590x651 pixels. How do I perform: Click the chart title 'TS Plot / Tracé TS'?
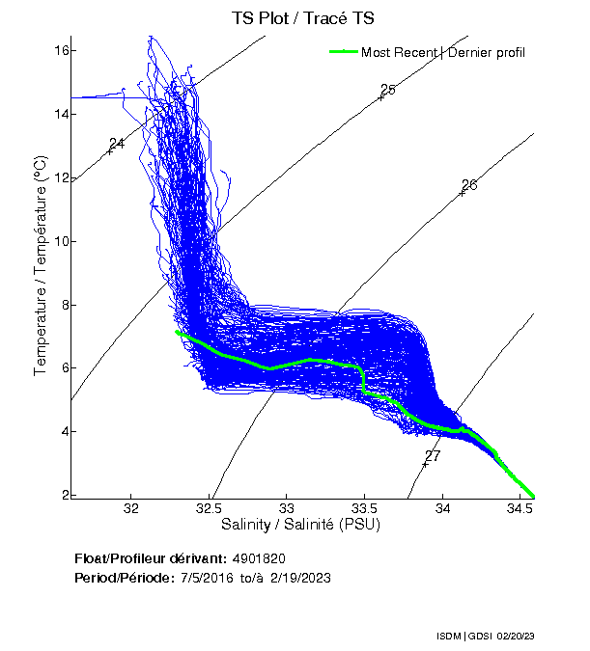coord(303,18)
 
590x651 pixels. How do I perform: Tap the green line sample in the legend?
coord(343,52)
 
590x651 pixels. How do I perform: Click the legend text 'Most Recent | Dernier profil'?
coord(442,52)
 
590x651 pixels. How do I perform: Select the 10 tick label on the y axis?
coord(60,241)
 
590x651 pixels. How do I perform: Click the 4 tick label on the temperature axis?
coord(64,431)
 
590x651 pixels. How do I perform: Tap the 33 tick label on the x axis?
coord(288,508)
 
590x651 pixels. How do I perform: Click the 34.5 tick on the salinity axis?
coord(520,508)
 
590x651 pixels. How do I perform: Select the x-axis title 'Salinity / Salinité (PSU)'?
coord(302,526)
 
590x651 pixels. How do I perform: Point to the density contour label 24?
coord(117,144)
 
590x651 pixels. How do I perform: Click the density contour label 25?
coord(388,90)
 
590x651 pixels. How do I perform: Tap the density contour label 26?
coord(469,185)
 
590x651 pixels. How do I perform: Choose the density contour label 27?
coord(433,455)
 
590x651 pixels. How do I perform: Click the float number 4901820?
coord(259,558)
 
